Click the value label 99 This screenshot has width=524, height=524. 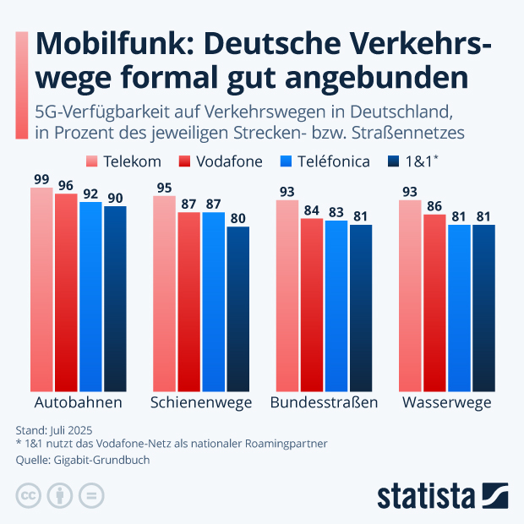[x=41, y=179]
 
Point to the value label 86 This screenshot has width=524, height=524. [x=434, y=205]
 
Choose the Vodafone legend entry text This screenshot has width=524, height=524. [x=231, y=161]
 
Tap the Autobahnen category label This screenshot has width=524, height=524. [x=78, y=402]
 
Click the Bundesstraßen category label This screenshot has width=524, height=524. [x=324, y=402]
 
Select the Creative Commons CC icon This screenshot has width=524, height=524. [x=29, y=494]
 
